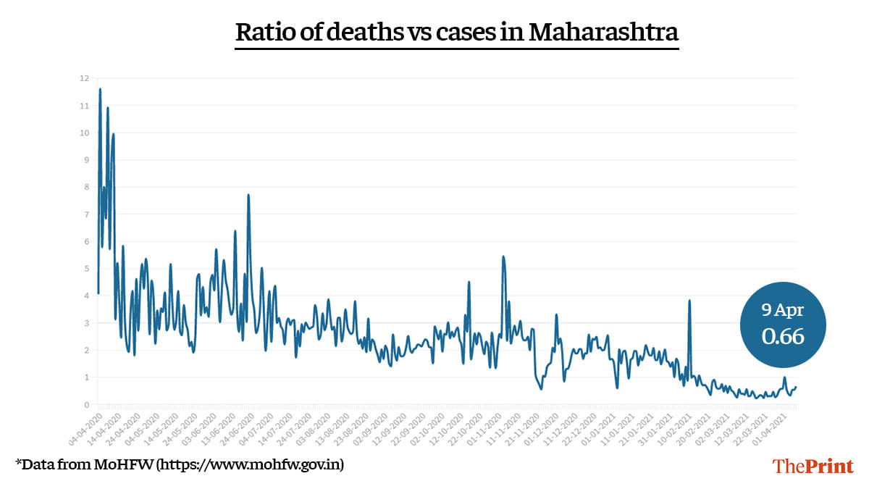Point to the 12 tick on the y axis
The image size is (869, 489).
[85, 78]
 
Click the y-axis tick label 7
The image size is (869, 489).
[86, 214]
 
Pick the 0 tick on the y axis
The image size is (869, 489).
[86, 405]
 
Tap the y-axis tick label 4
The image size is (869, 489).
[86, 296]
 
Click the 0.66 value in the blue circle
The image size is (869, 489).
[783, 336]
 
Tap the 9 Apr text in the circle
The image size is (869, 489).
[783, 310]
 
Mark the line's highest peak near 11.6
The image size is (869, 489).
[100, 89]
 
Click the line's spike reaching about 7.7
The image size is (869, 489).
[248, 195]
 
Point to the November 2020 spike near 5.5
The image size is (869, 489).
[503, 256]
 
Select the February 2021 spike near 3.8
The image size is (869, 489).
[689, 301]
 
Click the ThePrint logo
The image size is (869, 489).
[813, 467]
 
